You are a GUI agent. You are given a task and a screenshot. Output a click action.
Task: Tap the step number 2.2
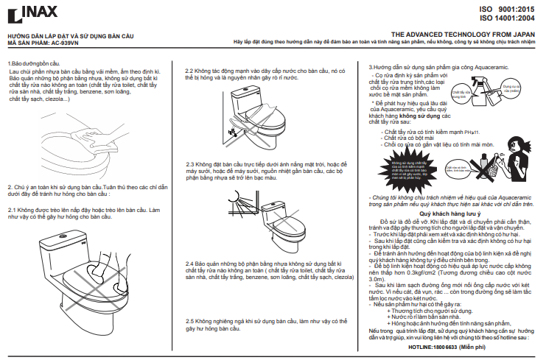pos(189,71)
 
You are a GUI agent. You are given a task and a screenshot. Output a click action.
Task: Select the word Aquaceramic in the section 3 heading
pos(480,67)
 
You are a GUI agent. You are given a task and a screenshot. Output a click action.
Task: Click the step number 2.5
pos(189,321)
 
